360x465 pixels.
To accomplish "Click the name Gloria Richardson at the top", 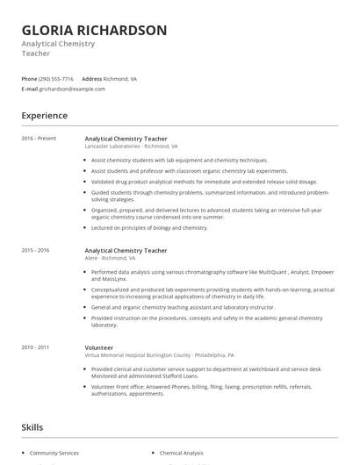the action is click(x=94, y=30).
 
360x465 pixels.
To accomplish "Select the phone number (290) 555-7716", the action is click(x=56, y=78).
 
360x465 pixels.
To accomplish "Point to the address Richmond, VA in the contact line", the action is click(x=120, y=78).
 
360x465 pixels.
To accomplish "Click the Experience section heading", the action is click(x=44, y=115).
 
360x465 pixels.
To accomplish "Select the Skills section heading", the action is click(x=32, y=426).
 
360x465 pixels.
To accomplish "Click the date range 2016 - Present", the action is click(x=39, y=138).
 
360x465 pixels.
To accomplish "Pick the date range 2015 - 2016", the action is click(x=35, y=250).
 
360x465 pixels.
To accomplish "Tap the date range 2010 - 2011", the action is click(x=35, y=347).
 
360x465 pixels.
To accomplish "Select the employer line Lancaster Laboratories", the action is click(x=114, y=147).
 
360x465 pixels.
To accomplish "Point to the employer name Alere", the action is click(x=92, y=259).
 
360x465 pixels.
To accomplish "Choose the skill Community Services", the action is click(x=54, y=453).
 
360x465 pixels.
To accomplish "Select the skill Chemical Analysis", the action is click(x=182, y=453).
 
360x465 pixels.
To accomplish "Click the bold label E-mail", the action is click(x=29, y=89).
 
